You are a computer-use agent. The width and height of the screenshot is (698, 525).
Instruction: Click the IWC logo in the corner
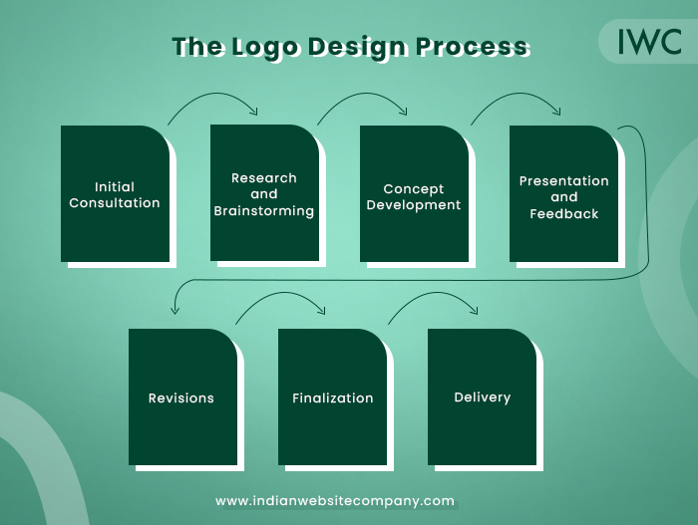649,42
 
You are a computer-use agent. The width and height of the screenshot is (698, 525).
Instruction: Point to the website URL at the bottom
335,501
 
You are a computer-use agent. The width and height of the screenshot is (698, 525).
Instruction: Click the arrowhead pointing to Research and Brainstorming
253,111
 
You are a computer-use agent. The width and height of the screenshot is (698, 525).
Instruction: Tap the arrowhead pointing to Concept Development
403,111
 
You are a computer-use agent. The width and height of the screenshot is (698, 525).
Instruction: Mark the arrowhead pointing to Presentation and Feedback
556,111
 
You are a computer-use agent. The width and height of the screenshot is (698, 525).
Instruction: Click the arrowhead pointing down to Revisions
174,310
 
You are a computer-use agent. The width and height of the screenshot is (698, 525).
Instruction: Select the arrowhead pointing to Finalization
321,310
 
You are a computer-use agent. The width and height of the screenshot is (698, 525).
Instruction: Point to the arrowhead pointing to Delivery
474,310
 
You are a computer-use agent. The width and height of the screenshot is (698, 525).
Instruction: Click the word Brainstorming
264,211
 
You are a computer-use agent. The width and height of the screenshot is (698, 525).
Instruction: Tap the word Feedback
564,214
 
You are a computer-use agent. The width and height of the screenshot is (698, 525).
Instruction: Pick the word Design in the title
357,48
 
